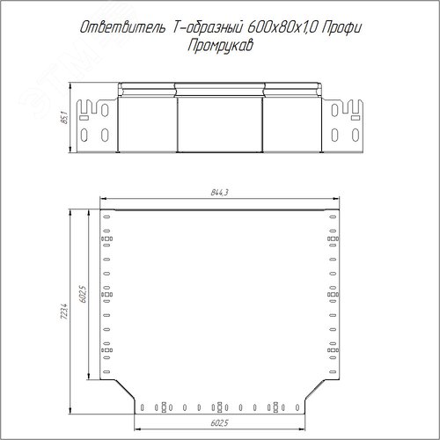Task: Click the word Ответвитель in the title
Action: pos(122,28)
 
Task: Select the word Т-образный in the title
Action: pos(207,28)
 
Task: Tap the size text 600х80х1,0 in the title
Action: pos(282,28)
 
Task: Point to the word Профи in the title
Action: pos(341,29)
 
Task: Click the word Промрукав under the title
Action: pos(220,47)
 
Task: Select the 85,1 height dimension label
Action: pos(64,117)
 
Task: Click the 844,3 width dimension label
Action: pos(219,193)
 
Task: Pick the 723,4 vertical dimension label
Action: pos(64,312)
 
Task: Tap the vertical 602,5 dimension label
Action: pos(84,294)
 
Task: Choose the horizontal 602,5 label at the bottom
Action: pos(219,423)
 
